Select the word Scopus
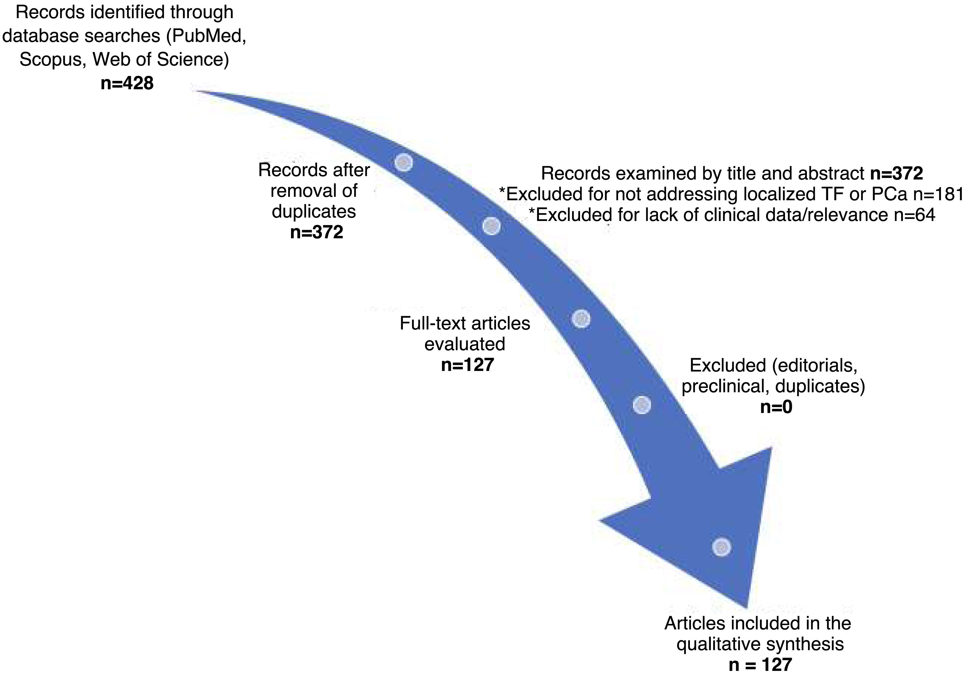[x=51, y=59]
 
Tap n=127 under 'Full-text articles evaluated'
[x=467, y=364]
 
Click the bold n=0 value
[x=776, y=407]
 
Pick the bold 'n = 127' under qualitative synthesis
[x=760, y=665]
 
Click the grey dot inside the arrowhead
[x=721, y=547]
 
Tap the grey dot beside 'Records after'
[x=403, y=162]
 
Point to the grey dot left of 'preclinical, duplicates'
[x=642, y=405]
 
